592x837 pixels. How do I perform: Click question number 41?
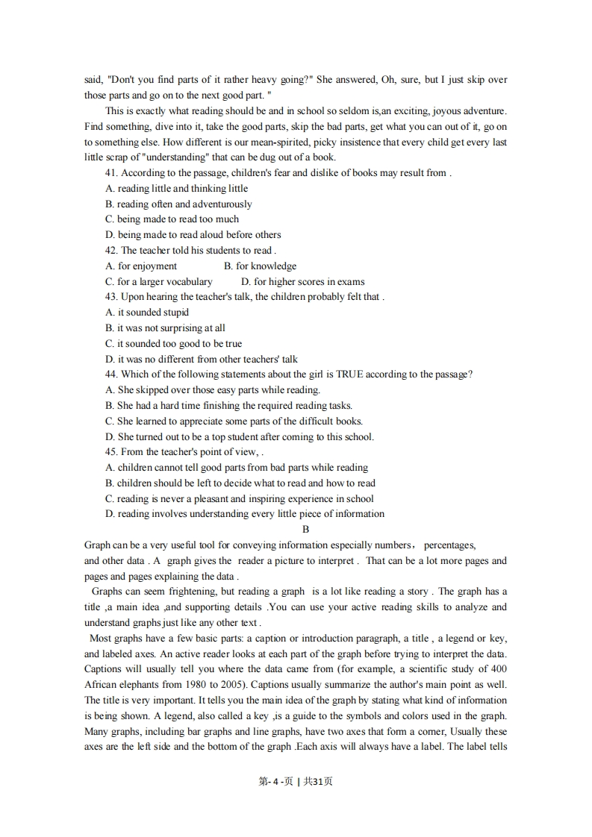point(112,173)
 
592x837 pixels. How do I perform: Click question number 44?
point(112,374)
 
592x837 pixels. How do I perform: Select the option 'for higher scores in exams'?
point(303,282)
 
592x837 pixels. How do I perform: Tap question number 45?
point(112,452)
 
